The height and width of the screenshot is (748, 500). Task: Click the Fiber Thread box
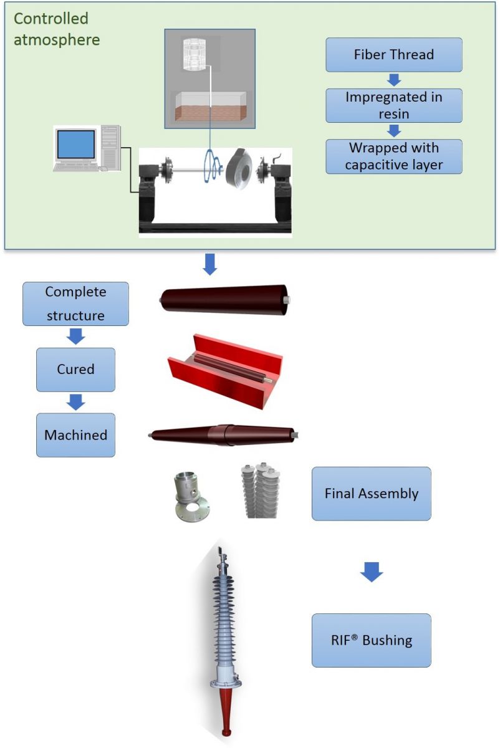coord(393,55)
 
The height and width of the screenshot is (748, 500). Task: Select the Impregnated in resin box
coord(393,105)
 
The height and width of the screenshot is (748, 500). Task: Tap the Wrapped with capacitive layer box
coord(393,156)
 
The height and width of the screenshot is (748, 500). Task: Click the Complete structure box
coord(75,304)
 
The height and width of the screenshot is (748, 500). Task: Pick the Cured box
coord(75,370)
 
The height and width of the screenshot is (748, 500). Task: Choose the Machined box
coord(75,435)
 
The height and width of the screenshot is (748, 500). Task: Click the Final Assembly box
coord(371,494)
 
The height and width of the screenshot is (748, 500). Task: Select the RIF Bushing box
coord(371,640)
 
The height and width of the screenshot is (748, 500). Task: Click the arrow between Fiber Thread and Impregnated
coord(393,80)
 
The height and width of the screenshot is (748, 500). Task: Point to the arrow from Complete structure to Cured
coord(75,337)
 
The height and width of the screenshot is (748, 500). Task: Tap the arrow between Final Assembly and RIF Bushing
coord(372,572)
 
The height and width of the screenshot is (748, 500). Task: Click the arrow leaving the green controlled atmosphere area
coord(210,264)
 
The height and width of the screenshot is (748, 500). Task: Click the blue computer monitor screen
coord(75,145)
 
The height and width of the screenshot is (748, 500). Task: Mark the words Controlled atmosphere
coord(56,29)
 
